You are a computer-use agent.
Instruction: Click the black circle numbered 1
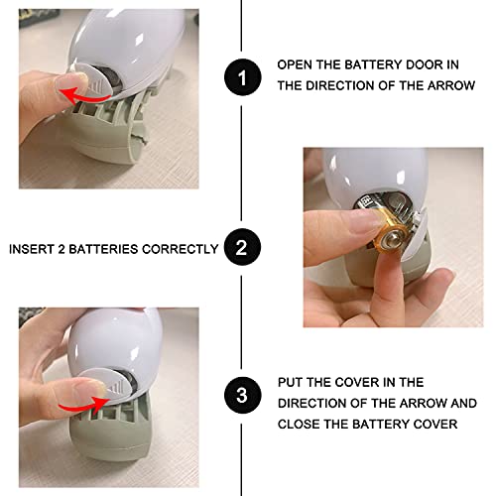243,77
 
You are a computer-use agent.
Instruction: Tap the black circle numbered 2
242,247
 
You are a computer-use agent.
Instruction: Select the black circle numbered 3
242,395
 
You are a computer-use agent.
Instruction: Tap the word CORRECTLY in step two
181,249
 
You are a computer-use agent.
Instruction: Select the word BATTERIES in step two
103,249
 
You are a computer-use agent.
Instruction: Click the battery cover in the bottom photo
106,384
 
